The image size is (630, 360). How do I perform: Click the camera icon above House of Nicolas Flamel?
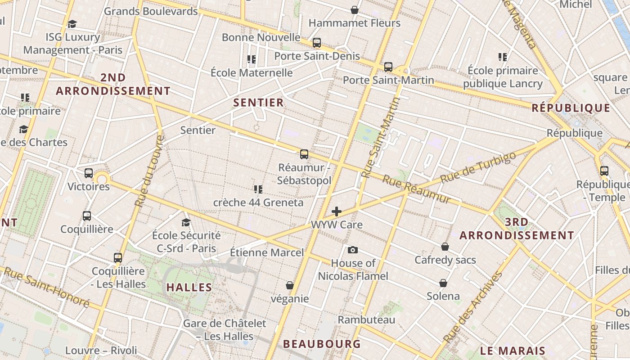[x=353, y=250]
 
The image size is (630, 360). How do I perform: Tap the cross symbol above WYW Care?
[x=337, y=211]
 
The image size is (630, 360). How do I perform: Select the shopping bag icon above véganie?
[x=290, y=285]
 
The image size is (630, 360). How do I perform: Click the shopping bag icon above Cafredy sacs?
[x=445, y=247]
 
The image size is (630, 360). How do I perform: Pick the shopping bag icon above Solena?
[x=443, y=283]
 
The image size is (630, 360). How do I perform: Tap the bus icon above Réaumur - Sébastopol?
[x=304, y=154]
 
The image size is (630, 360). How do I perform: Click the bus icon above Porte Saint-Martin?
[x=388, y=67]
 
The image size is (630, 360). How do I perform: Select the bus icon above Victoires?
[x=89, y=173]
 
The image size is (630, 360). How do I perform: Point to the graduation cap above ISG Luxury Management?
[x=72, y=24]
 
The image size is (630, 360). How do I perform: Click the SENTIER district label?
[x=259, y=103]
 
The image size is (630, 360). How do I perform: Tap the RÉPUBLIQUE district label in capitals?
[x=571, y=108]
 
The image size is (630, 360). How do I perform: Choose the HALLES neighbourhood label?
[x=189, y=287]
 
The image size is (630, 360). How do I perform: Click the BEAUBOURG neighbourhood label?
[x=322, y=344]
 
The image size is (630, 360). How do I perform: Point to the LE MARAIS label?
[x=513, y=351]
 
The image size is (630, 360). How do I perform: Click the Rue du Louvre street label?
[x=148, y=171]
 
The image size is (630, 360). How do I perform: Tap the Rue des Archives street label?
[x=472, y=307]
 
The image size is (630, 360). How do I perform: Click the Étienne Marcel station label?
[x=267, y=252]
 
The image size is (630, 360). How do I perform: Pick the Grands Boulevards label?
[x=151, y=11]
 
